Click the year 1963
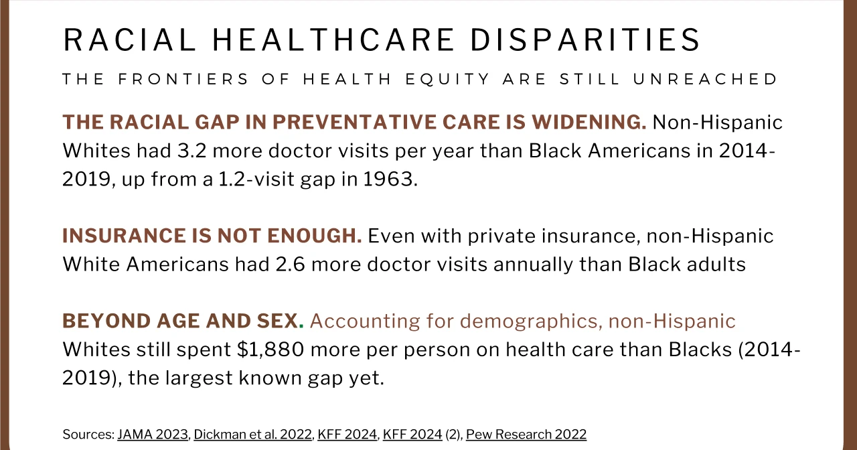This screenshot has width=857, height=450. (390, 180)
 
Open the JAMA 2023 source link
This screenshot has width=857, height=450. (153, 435)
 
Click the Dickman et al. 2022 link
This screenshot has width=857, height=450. (252, 435)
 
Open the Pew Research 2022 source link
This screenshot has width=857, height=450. (526, 435)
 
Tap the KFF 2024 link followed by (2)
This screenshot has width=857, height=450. (412, 435)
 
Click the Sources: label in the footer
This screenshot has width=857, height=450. (88, 435)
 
